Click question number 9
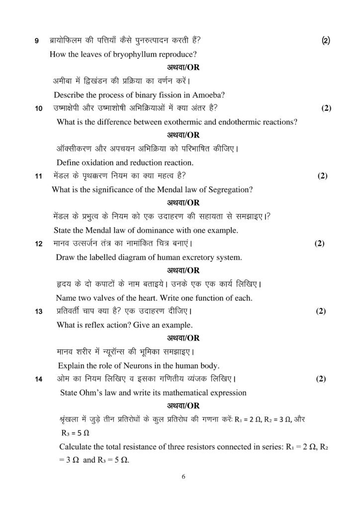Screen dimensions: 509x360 (x=36, y=40)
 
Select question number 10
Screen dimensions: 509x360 (x=38, y=108)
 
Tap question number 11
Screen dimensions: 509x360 (x=38, y=176)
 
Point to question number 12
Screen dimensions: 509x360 (x=38, y=244)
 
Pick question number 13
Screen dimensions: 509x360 (x=38, y=312)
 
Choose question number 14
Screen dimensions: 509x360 (x=38, y=380)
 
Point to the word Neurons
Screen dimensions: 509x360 (x=138, y=366)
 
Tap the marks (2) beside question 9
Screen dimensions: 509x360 (x=326, y=40)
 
